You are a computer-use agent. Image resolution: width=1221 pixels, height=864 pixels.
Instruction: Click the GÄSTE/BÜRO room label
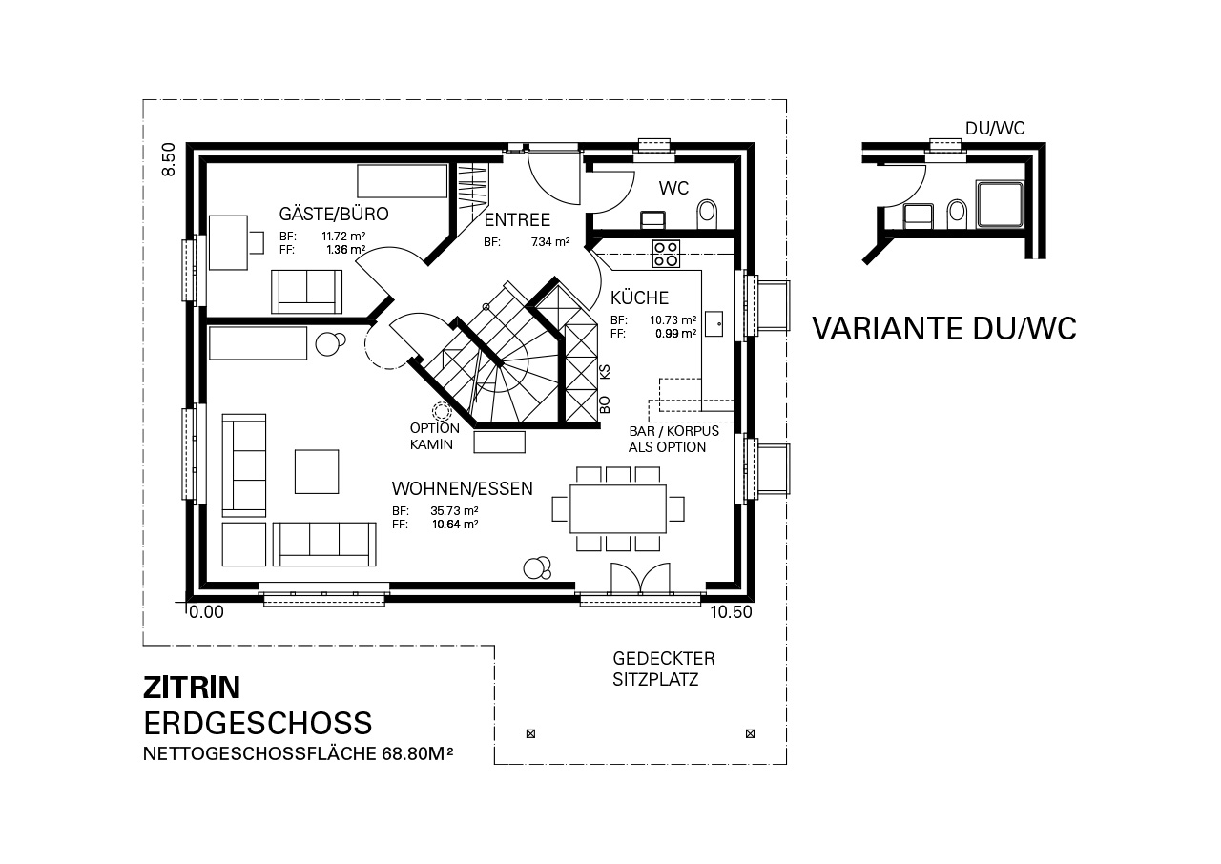tap(334, 214)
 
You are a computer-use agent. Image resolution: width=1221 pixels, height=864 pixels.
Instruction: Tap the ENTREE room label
tap(517, 220)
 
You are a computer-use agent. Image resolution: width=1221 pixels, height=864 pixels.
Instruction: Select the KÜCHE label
tap(639, 298)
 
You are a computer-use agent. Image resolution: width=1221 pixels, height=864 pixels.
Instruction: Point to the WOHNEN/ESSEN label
tap(463, 488)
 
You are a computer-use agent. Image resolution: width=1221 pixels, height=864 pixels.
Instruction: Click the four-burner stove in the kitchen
tap(666, 254)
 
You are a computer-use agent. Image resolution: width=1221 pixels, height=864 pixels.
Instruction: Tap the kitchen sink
tap(714, 323)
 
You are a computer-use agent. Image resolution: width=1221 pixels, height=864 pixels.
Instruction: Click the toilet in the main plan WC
tap(707, 215)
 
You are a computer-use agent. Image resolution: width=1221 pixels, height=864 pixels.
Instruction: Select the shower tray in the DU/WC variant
tap(1001, 204)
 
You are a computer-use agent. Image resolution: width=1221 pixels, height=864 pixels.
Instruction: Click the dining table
tap(618, 509)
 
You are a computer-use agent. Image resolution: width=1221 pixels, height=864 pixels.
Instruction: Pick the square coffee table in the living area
tap(317, 472)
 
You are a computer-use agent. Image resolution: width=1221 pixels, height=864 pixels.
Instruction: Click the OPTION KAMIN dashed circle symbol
tap(440, 410)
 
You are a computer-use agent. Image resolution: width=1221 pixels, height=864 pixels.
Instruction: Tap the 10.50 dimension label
tap(731, 612)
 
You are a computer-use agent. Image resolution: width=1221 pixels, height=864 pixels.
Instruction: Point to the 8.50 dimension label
tap(169, 159)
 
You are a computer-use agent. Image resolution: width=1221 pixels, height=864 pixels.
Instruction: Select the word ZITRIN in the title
tap(192, 688)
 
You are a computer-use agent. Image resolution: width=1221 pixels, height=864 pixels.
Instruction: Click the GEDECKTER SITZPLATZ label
tap(663, 669)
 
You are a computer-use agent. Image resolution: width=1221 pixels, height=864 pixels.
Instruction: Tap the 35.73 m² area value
tap(454, 511)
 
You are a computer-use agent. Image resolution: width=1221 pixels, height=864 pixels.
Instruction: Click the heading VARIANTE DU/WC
tap(944, 328)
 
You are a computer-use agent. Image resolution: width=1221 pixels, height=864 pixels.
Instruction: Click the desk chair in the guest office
tap(257, 242)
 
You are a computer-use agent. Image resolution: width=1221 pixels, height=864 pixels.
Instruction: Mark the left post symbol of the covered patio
tap(530, 733)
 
